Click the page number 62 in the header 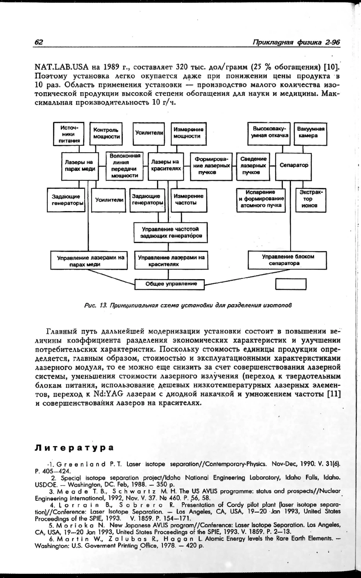click(39, 42)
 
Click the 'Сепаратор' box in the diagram click(294, 165)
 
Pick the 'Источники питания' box click(69, 134)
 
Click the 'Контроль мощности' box click(106, 133)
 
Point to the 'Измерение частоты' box click(189, 200)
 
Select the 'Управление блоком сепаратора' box click(288, 260)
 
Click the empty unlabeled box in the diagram click(291, 284)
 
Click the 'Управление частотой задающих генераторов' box click(171, 232)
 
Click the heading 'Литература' click(74, 448)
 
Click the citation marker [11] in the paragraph click(334, 394)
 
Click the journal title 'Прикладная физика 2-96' click(296, 42)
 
